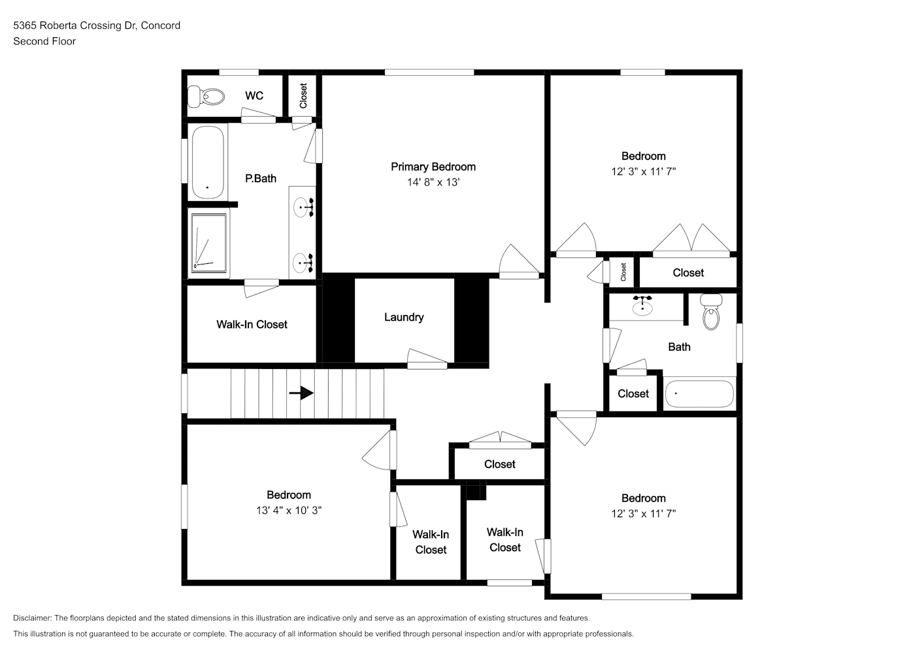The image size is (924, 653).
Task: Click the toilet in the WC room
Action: [x=206, y=97]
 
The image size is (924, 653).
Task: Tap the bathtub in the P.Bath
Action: [x=208, y=162]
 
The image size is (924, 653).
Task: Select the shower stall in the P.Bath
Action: [x=208, y=243]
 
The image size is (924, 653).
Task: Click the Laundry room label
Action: [x=404, y=317]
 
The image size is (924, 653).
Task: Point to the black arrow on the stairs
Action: [x=301, y=393]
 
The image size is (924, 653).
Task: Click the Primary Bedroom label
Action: [x=433, y=167]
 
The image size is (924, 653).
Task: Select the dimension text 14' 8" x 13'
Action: [x=433, y=182]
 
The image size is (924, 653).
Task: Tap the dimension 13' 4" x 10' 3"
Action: [x=289, y=511]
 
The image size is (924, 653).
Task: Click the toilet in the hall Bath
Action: [x=711, y=311]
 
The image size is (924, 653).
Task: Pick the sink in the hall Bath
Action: [x=642, y=306]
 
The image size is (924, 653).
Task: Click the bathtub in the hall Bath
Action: [x=700, y=394]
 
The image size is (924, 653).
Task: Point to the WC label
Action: [x=254, y=95]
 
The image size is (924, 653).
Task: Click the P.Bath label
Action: [x=261, y=178]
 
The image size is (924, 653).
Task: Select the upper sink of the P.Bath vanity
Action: [x=304, y=207]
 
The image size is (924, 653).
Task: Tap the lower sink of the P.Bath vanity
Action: [x=304, y=263]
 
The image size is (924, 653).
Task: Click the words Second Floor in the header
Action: [x=44, y=41]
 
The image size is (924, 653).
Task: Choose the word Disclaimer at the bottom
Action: [x=33, y=618]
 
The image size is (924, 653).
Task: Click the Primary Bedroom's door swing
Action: [x=519, y=261]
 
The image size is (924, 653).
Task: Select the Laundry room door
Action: [x=427, y=358]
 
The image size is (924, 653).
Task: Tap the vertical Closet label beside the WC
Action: [x=304, y=95]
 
